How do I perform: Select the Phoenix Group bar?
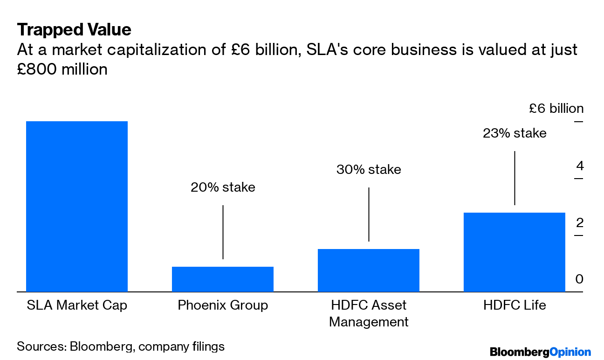click(x=223, y=279)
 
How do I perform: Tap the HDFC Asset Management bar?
click(x=369, y=270)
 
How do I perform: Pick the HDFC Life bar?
click(x=515, y=252)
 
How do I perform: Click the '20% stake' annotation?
click(x=223, y=187)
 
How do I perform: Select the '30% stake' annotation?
click(x=369, y=169)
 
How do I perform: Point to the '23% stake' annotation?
click(x=515, y=133)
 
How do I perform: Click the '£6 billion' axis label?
click(x=556, y=109)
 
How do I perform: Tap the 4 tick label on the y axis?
click(x=579, y=166)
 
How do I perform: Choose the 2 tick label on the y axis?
click(x=579, y=223)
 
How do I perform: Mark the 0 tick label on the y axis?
click(x=579, y=279)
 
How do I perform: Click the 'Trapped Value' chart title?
click(x=74, y=30)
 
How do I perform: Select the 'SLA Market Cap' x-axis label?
click(x=77, y=305)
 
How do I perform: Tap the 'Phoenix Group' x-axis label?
click(x=223, y=305)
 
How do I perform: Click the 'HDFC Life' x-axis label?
click(x=515, y=305)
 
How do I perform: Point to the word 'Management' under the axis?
click(x=369, y=322)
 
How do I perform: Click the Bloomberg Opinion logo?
click(x=540, y=352)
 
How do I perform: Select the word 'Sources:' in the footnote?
click(x=41, y=346)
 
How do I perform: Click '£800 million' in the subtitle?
click(x=62, y=69)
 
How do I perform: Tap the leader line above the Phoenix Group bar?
click(x=223, y=232)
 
